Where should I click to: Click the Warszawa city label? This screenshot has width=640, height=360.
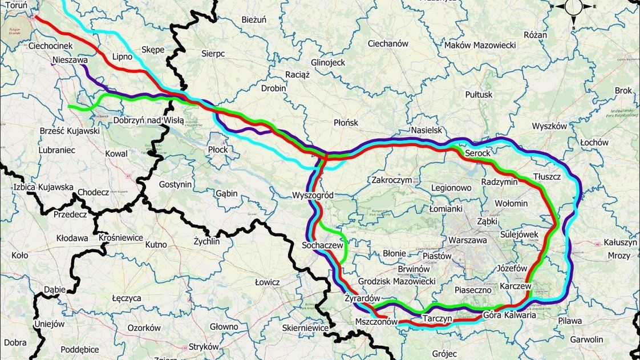(x=468, y=240)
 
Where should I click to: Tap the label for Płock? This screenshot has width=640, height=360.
(x=218, y=150)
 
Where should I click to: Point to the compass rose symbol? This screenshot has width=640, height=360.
(x=573, y=7)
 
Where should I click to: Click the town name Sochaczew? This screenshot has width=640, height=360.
(x=323, y=246)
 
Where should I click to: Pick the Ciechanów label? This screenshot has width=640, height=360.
(x=388, y=43)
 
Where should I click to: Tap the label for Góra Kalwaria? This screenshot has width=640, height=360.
(x=509, y=314)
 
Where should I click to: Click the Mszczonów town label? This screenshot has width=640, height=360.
(x=375, y=322)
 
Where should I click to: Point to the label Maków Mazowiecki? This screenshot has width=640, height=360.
(x=480, y=45)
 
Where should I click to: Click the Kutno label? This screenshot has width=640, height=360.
(x=156, y=244)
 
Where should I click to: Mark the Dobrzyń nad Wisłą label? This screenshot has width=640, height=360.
(x=148, y=120)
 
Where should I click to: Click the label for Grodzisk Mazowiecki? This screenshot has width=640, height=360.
(x=396, y=281)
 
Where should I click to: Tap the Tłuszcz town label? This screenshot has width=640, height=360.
(x=546, y=177)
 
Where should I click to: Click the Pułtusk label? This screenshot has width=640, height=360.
(x=479, y=95)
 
